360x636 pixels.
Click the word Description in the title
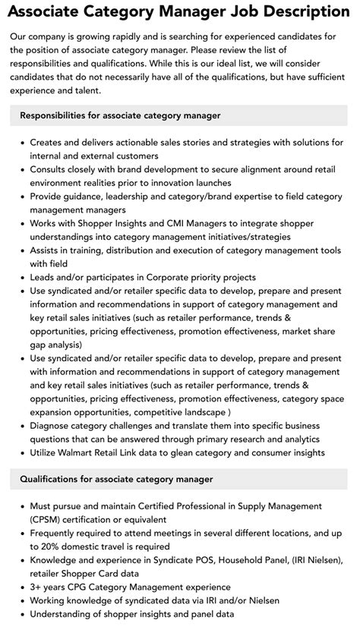coord(297,11)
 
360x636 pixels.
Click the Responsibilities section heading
coord(120,115)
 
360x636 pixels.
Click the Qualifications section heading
coord(116,479)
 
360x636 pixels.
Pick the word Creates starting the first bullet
coord(49,142)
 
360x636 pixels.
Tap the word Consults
coord(51,169)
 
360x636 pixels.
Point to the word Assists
coord(46,250)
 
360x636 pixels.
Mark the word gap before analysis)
coord(39,345)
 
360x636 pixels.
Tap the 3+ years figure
coord(52,587)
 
